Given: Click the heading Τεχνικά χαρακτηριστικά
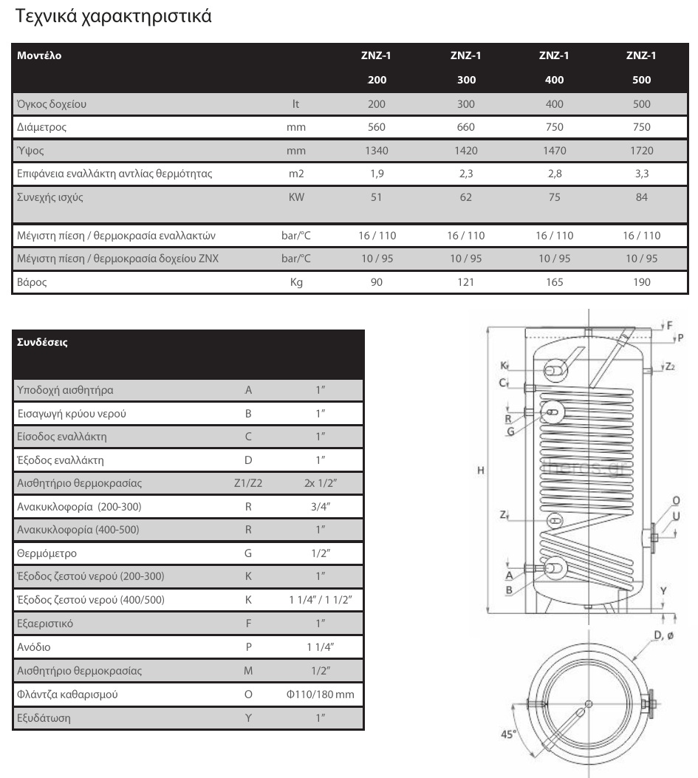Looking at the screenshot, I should coord(113,16).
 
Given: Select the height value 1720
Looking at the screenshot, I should coord(641,151).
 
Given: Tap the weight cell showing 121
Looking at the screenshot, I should coord(465,282).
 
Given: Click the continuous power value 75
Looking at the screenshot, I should coord(554,197).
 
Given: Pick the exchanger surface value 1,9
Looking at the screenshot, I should coord(377,174).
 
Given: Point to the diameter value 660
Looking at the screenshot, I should coord(465,127).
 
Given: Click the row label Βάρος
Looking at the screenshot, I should coord(32,282).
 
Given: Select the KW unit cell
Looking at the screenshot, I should coord(295,197).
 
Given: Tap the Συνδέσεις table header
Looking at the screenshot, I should coord(42,342).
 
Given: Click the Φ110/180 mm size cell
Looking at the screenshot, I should coord(320,695).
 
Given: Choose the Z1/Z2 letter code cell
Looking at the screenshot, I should coord(248,483).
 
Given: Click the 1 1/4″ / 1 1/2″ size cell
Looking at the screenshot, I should coord(320,600).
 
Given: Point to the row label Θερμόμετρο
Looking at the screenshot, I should coord(47,553).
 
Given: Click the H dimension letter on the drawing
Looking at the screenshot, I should coord(480,471).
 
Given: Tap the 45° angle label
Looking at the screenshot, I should coord(507,734).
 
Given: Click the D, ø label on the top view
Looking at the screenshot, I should coord(663,635).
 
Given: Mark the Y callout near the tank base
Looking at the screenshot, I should coord(663,591).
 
